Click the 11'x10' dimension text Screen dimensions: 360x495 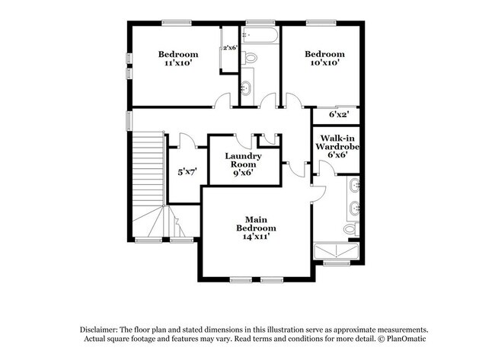pos(178,64)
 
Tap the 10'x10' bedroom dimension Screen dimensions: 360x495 pos(325,64)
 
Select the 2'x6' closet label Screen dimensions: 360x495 pos(229,48)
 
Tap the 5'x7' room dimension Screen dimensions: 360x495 pos(187,173)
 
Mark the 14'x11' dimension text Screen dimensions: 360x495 pos(255,237)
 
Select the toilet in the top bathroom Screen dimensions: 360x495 pos(251,57)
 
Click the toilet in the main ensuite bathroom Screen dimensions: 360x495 pos(350,228)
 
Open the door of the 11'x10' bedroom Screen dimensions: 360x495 pos(222,100)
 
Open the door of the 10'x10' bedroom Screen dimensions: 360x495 pos(292,100)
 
